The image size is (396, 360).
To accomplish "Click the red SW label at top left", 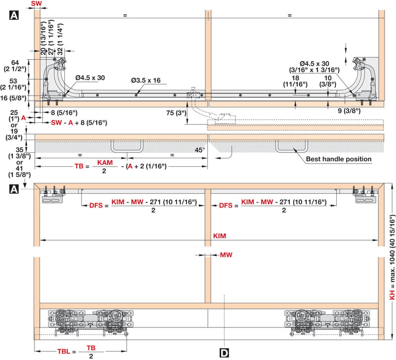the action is (37, 3).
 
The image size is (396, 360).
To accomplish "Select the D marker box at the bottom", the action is (224, 353).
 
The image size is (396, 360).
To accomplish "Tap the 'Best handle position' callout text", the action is (339, 159).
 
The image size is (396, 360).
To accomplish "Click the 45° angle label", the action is (200, 150).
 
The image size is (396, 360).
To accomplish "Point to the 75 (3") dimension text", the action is (176, 113).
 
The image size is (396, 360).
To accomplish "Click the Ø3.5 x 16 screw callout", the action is (146, 80).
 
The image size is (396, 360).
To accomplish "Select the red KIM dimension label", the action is (219, 236).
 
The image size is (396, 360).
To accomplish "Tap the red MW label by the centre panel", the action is (226, 255).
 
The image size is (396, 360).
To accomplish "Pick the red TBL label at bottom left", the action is (64, 352).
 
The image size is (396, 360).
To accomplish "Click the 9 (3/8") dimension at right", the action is (349, 111).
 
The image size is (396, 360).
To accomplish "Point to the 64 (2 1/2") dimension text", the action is (15, 66).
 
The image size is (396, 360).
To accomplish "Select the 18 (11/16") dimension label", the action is (295, 81).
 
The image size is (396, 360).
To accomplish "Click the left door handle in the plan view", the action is (127, 146).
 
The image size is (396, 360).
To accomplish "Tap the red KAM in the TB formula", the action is (105, 162).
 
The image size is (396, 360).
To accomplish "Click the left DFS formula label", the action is (96, 205).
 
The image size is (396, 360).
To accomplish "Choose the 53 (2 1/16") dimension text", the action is (13, 84).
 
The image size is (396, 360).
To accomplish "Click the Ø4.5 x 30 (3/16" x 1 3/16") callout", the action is (315, 67).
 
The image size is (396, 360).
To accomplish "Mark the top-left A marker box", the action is (14, 15).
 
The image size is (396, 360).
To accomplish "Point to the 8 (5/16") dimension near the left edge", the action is (64, 112).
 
